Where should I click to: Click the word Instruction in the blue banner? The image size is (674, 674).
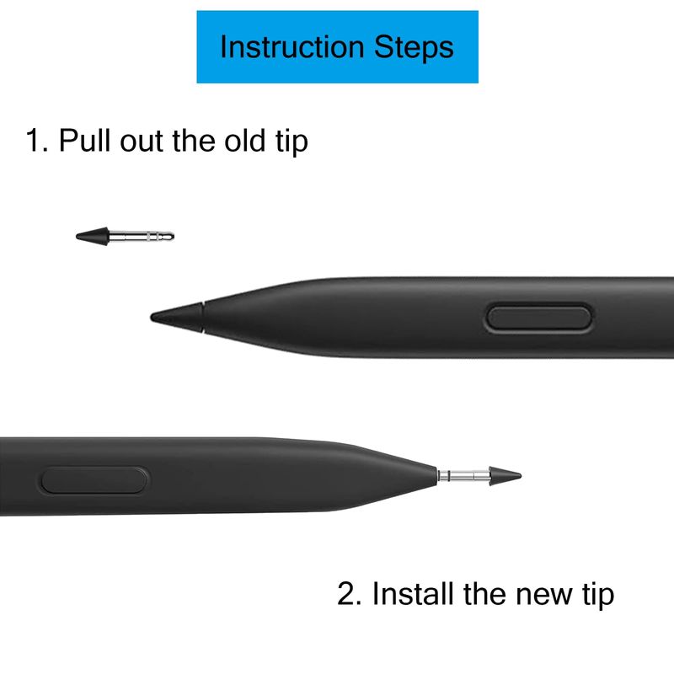point(292,46)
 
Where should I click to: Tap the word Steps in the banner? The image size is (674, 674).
point(414,48)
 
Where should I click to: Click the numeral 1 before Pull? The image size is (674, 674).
point(34,140)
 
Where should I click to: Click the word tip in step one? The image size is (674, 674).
point(292,141)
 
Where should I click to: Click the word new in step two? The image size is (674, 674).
point(543,597)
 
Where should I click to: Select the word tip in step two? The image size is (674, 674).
point(598,595)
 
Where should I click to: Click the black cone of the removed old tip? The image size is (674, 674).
point(93,236)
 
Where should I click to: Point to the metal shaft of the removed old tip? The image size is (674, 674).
point(142,236)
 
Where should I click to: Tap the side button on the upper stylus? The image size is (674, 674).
point(538,318)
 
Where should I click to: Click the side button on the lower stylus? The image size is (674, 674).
point(94,480)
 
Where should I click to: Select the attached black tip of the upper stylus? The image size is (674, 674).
point(177,318)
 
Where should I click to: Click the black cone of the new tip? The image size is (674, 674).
point(505,476)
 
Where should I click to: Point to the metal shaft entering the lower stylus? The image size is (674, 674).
point(463,476)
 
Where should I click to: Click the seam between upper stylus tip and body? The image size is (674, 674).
point(203,317)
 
